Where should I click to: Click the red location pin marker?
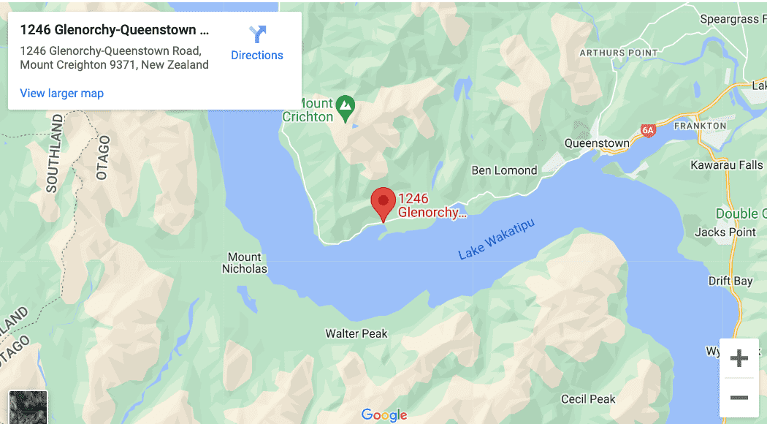[x=383, y=202]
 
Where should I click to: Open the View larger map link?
[x=62, y=93]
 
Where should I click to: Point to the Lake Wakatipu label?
[x=496, y=239]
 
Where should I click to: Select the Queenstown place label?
[x=597, y=143]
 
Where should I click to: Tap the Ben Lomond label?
[x=504, y=170]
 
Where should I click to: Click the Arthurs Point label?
[x=612, y=53]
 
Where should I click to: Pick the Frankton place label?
[x=700, y=126]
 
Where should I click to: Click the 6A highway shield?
[x=648, y=131]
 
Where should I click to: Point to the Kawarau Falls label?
[x=726, y=165]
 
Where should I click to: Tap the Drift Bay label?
[x=730, y=281]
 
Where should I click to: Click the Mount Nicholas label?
[x=245, y=262]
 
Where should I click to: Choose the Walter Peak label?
[x=356, y=333]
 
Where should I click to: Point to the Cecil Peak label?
[x=588, y=399]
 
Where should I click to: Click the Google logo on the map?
[x=384, y=415]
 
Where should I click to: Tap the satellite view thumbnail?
[x=28, y=407]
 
